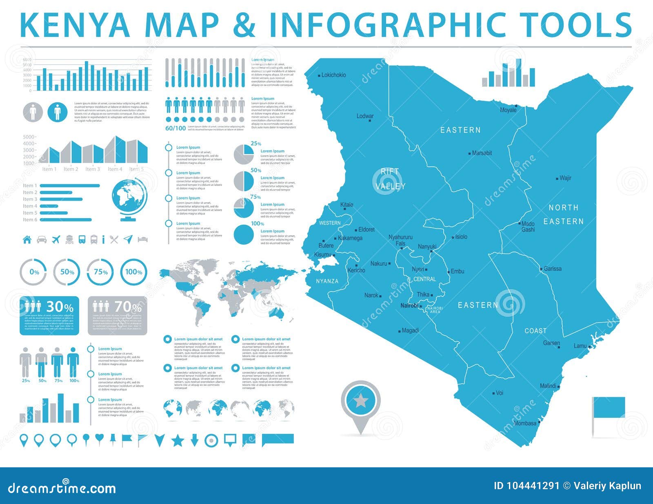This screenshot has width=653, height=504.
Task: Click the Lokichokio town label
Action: [333, 75]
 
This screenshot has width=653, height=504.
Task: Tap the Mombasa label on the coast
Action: [525, 423]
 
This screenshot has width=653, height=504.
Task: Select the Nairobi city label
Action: [409, 305]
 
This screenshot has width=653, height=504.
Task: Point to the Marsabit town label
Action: [482, 153]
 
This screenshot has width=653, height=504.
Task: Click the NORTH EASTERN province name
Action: [563, 214]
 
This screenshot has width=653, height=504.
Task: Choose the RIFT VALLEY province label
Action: [390, 179]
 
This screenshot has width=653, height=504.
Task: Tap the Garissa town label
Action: [553, 269]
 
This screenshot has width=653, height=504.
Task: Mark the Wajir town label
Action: [565, 178]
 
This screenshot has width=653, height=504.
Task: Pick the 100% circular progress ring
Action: [133, 272]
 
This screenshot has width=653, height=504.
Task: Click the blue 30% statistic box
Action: [49, 315]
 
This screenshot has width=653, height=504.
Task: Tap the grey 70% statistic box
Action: [117, 315]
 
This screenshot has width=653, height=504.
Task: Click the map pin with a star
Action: [360, 404]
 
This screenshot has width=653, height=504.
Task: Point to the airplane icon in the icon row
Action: [56, 239]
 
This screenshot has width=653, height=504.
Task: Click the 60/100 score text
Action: [175, 128]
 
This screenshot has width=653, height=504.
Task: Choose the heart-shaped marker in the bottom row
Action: [99, 438]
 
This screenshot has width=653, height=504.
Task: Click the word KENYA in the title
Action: [75, 25]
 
